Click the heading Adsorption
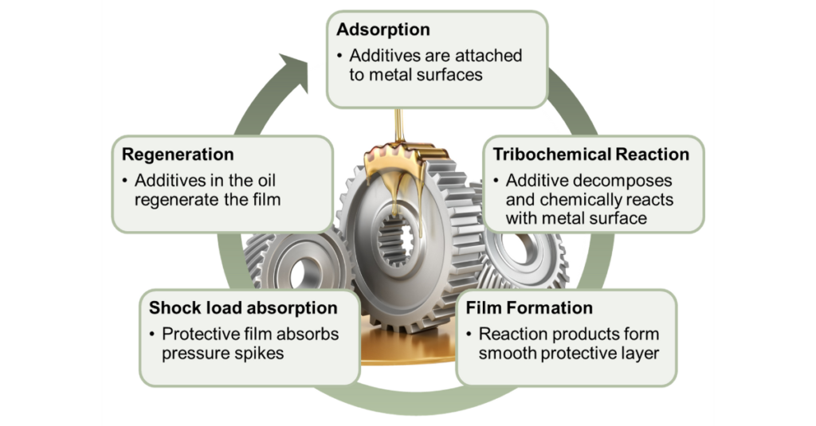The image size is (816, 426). (382, 30)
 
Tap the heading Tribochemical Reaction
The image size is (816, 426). (590, 154)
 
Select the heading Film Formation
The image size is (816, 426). (529, 307)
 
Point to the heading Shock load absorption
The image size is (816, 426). (243, 307)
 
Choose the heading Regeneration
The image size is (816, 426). (178, 154)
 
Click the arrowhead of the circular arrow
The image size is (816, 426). (295, 61)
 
